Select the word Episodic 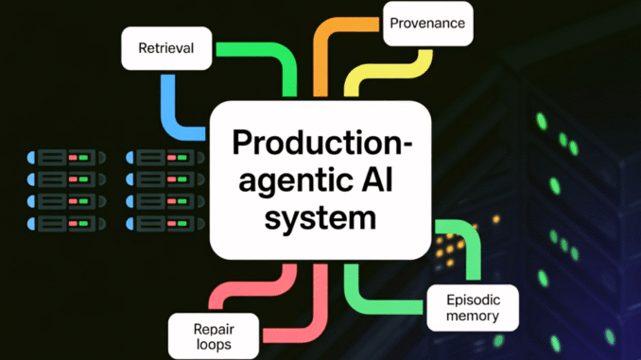pyautogui.click(x=472, y=299)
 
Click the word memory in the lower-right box pyautogui.click(x=472, y=316)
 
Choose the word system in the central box pyautogui.click(x=320, y=217)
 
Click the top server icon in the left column pyautogui.click(x=63, y=155)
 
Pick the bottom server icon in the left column pyautogui.click(x=63, y=223)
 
